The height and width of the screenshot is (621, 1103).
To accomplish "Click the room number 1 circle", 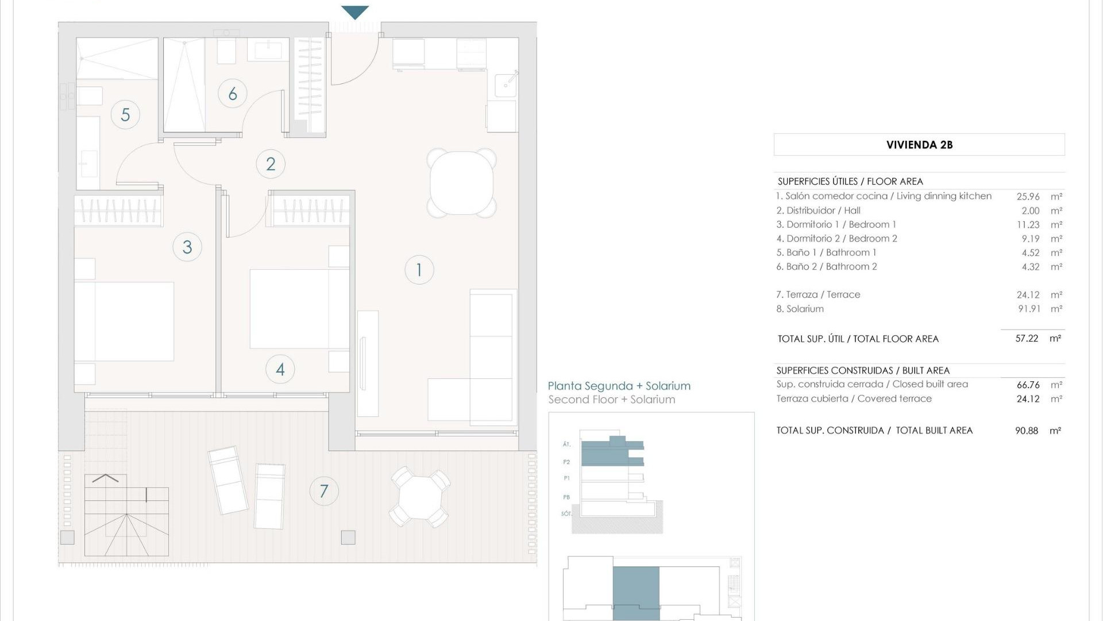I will pyautogui.click(x=419, y=270).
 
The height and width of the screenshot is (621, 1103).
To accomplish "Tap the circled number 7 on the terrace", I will pyautogui.click(x=324, y=491).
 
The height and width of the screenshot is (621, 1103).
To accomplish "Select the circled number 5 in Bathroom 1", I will pyautogui.click(x=125, y=114).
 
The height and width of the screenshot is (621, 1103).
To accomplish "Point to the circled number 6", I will pyautogui.click(x=233, y=93).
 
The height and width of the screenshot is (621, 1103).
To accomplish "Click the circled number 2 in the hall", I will pyautogui.click(x=271, y=164).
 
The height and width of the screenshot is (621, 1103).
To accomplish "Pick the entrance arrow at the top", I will pyautogui.click(x=354, y=12).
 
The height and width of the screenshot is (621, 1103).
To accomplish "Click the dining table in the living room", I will pyautogui.click(x=461, y=183).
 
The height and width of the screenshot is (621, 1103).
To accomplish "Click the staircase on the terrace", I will pyautogui.click(x=126, y=515).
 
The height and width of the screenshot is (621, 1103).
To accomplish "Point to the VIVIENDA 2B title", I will pyautogui.click(x=919, y=145).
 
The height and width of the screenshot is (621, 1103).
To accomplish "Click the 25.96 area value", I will pyautogui.click(x=1028, y=197).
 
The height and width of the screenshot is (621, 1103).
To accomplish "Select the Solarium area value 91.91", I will pyautogui.click(x=1029, y=309).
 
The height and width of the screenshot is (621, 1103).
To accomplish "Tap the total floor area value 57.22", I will pyautogui.click(x=1027, y=339).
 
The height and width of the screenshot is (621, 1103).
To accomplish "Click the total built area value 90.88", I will pyautogui.click(x=1027, y=431).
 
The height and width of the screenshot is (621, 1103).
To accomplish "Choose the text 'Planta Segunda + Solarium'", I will pyautogui.click(x=619, y=386).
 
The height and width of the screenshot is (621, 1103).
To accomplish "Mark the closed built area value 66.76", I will pyautogui.click(x=1028, y=385).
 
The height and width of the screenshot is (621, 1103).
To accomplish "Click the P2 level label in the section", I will pyautogui.click(x=566, y=462).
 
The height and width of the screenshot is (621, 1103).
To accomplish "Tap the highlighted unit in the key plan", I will pyautogui.click(x=636, y=592).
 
